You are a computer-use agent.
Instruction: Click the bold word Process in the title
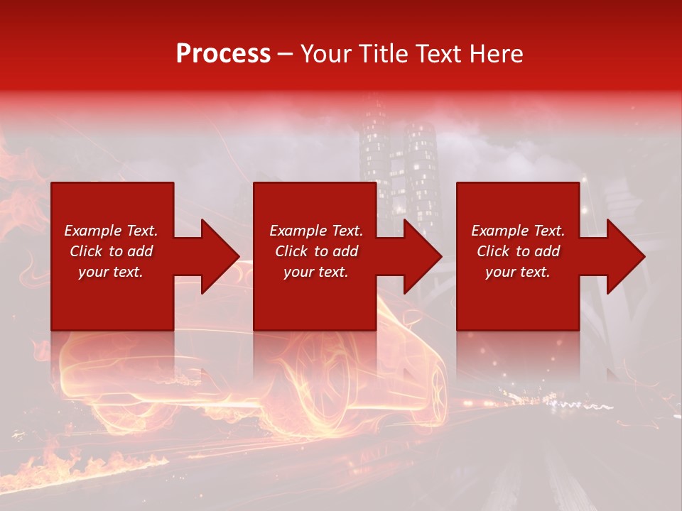point(223,54)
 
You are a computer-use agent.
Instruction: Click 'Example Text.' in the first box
point(111,231)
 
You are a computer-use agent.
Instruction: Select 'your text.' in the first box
point(111,272)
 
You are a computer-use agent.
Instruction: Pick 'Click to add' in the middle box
point(316,251)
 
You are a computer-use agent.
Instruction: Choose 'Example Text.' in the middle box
point(316,231)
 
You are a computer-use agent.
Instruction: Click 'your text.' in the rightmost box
point(518,272)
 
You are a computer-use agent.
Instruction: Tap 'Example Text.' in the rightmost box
point(518,231)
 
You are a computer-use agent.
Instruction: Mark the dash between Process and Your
point(286,54)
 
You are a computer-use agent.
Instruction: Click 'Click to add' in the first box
point(111,251)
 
